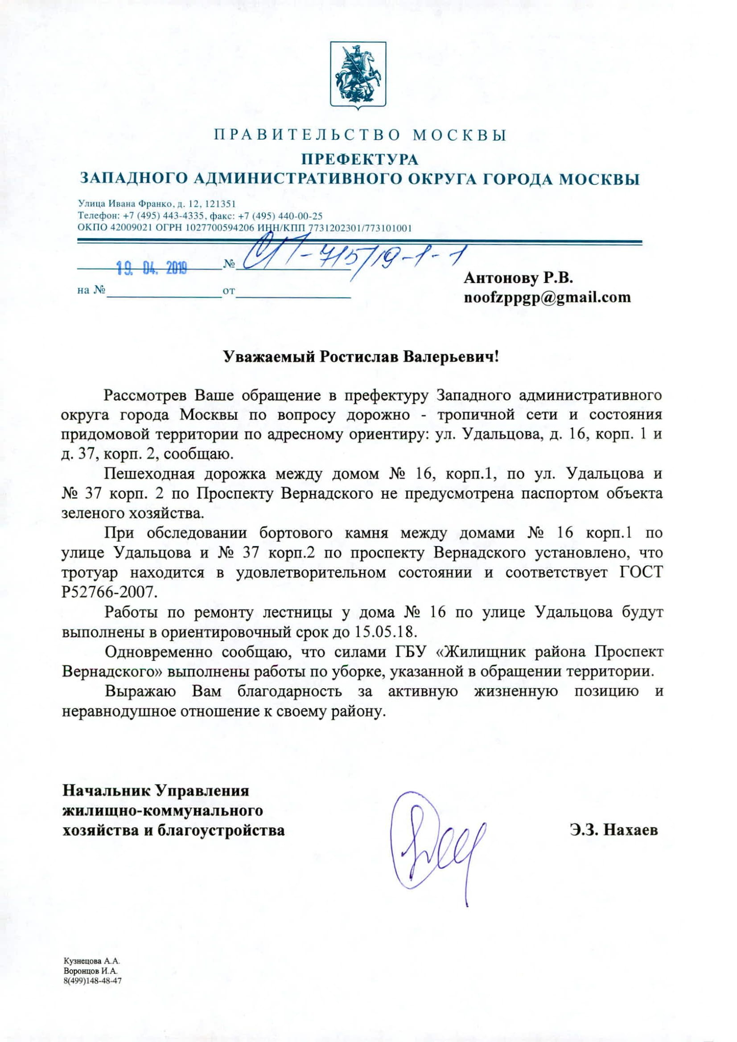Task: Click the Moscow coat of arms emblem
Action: click(358, 75)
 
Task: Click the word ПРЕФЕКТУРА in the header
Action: click(360, 159)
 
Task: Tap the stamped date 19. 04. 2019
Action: click(152, 270)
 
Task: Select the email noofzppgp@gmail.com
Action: click(547, 297)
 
